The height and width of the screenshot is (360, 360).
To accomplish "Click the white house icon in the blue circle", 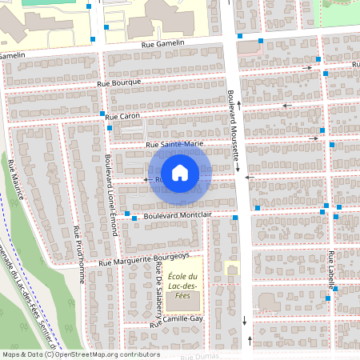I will point(180,172).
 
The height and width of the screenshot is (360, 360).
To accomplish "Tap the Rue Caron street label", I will point(122,117).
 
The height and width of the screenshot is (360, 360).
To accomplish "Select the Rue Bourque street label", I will point(119,82).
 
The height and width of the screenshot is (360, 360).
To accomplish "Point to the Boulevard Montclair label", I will point(178,215).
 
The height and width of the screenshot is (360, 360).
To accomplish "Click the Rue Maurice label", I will point(14,179).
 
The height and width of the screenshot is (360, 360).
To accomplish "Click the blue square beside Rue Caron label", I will point(103,114).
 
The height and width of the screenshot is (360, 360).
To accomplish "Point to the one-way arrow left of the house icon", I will point(146,180).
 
